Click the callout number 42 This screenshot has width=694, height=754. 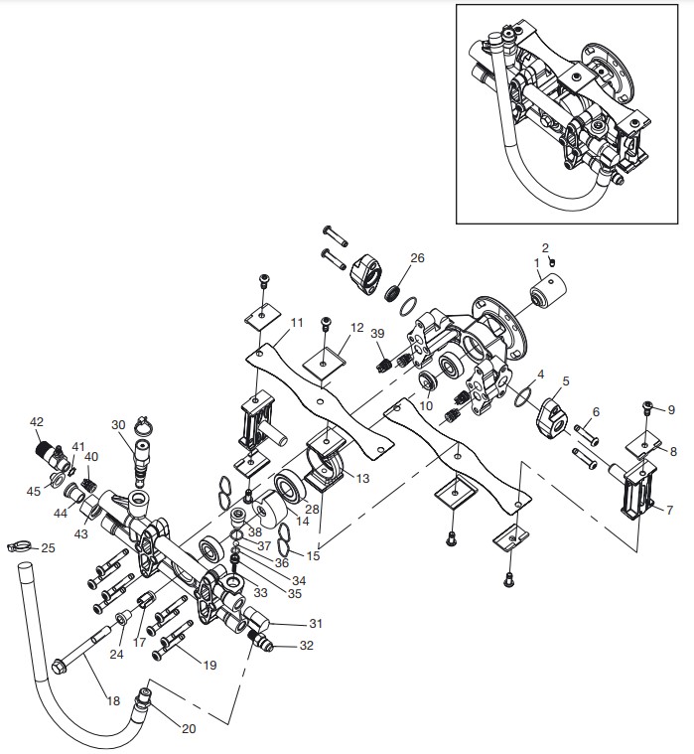pos(37,422)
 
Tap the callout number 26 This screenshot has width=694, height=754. pos(417,258)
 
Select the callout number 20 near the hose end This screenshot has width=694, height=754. pos(188,728)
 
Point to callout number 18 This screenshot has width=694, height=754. pos(113,700)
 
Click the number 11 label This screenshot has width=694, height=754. pos(297,323)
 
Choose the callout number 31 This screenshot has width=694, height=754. pos(316,624)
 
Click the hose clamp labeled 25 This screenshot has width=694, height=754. pos(20,544)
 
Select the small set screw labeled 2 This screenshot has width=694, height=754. pos(553,261)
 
